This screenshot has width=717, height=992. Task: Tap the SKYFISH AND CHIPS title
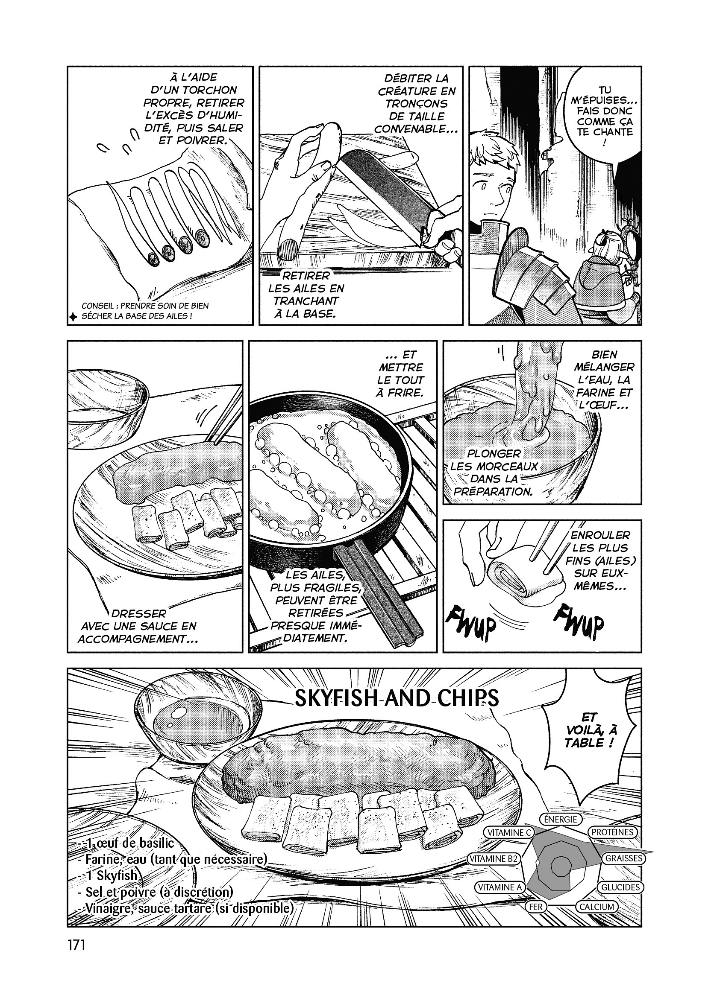point(397,699)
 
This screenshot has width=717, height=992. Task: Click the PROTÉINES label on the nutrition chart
point(612,832)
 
